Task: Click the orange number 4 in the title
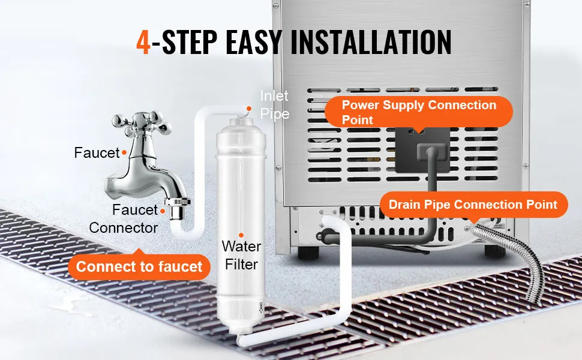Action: point(143,42)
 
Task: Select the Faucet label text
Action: point(97,152)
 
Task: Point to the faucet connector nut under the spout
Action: point(178,209)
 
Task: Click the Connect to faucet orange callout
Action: point(139,266)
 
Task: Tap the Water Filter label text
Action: point(241,256)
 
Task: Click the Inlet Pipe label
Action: point(274,104)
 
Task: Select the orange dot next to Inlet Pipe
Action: point(249,109)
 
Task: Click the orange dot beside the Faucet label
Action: point(124,152)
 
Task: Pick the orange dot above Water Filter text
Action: point(241,235)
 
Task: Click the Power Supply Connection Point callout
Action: point(419,112)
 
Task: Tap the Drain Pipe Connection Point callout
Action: point(473,205)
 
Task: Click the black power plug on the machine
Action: point(431,152)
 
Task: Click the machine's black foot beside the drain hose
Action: point(495,251)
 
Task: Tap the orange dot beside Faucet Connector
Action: point(163,211)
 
